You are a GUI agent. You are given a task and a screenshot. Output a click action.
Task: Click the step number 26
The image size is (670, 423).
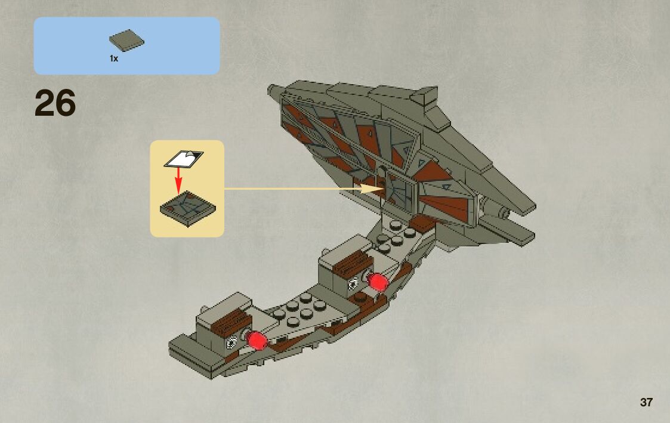(x=55, y=103)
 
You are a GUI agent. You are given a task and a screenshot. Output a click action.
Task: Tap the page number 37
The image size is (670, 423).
(x=646, y=402)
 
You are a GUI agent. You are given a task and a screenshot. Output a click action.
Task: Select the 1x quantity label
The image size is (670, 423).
(x=114, y=58)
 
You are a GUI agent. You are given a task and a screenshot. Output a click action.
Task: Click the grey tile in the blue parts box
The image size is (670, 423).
(x=126, y=41)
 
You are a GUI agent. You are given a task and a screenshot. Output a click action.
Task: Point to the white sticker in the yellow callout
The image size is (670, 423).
(x=183, y=159)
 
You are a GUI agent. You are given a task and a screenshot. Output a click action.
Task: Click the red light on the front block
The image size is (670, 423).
(x=258, y=341)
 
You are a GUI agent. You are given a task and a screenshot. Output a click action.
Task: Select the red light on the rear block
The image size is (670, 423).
(x=377, y=282)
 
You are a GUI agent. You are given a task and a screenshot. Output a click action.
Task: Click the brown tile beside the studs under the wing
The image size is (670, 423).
(x=422, y=224)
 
